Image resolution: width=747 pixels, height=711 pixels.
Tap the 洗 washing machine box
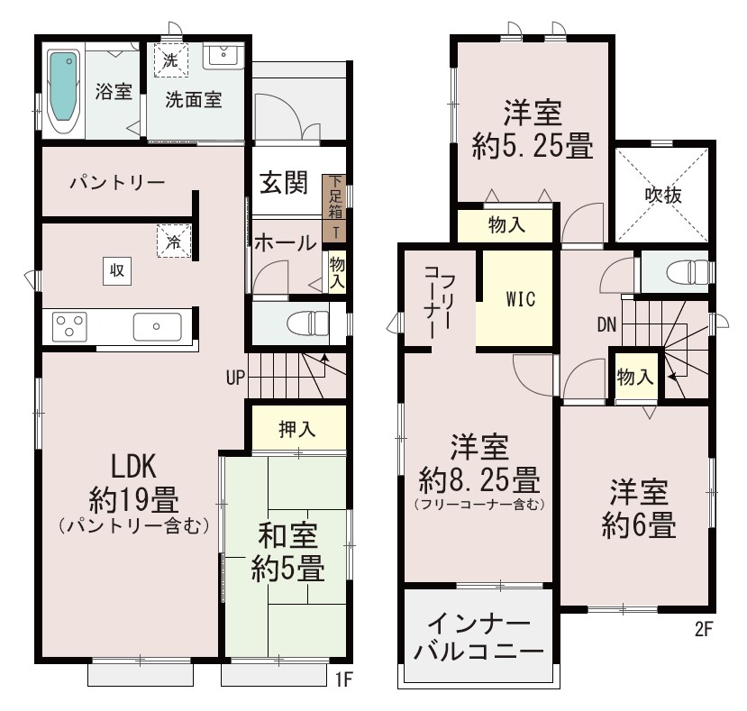tap(170, 60)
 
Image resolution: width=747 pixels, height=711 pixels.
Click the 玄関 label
tap(284, 183)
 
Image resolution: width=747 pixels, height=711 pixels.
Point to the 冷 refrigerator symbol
tap(174, 242)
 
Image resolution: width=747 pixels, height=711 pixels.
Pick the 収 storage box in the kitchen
tap(117, 270)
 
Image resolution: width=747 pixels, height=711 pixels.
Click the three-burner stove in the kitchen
tap(69, 326)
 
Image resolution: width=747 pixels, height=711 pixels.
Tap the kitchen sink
tap(157, 326)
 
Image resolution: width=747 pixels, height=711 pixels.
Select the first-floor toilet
tap(308, 324)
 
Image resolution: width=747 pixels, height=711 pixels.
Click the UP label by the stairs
tap(235, 378)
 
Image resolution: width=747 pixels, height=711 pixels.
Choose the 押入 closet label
tap(297, 429)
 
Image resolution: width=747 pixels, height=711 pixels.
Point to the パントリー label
tap(117, 183)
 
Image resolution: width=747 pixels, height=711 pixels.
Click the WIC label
tap(521, 299)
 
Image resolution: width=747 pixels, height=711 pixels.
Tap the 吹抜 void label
tap(663, 195)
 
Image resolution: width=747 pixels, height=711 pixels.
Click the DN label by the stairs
tap(606, 325)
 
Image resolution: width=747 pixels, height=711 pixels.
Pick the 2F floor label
tap(703, 630)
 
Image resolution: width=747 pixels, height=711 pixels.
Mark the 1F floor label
tap(343, 679)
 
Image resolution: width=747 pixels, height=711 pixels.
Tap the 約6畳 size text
tap(638, 525)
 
